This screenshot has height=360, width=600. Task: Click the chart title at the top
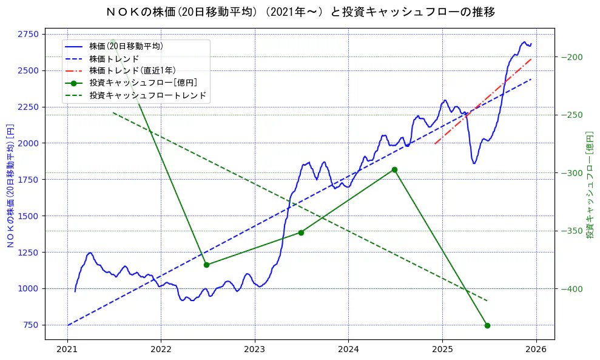point(300,12)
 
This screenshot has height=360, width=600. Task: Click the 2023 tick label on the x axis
point(255,350)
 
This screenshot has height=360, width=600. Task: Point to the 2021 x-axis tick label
point(67,350)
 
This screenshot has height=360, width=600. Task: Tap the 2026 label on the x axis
point(536,350)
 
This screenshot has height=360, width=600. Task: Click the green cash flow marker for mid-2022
point(206,265)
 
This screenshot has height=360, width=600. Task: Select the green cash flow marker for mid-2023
point(301,233)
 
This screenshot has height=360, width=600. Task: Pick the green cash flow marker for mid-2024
point(394,169)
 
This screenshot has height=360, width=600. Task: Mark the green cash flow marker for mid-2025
point(487,325)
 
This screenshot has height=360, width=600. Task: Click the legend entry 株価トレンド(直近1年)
point(132,70)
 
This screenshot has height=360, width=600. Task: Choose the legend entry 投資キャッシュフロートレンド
point(147,95)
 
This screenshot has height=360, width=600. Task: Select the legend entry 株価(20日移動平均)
point(126,46)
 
